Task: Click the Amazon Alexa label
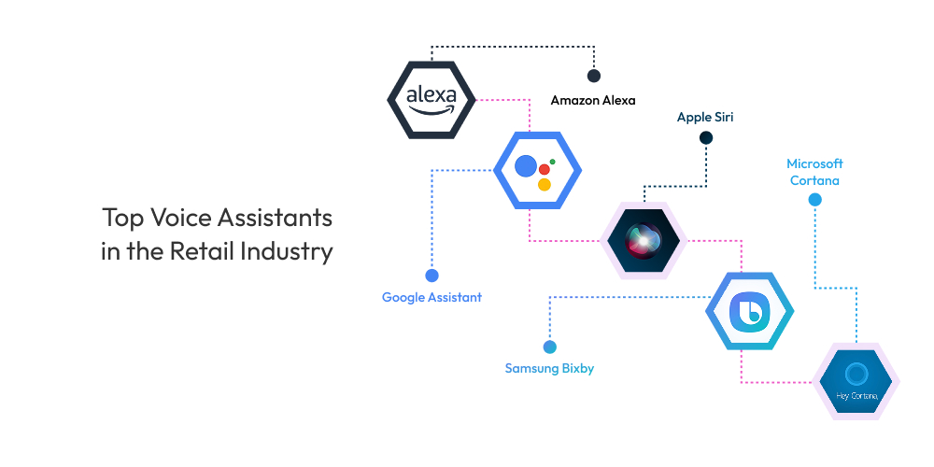tap(592, 100)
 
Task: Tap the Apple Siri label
tap(705, 118)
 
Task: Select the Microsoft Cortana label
tap(814, 172)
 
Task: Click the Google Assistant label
tap(432, 297)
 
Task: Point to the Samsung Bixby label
tap(549, 368)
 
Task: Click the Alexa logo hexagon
tap(432, 98)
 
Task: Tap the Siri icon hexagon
tap(644, 240)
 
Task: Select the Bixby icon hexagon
tap(749, 311)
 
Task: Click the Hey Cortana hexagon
tap(855, 382)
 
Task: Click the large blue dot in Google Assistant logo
tap(526, 167)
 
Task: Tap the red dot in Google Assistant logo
tap(544, 170)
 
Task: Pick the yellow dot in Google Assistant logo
tap(545, 184)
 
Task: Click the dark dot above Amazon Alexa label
tap(593, 76)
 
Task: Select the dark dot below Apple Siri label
tap(706, 138)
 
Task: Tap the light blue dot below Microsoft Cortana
tap(814, 200)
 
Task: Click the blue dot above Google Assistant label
tap(432, 276)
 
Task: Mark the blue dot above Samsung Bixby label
tap(549, 347)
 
